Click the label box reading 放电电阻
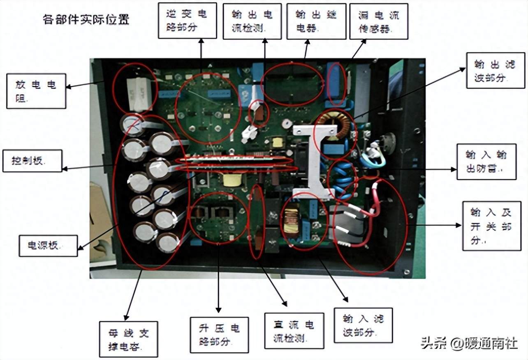36,91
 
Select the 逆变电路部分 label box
188,21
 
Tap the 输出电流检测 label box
252,21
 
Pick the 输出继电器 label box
316,21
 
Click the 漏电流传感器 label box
379,22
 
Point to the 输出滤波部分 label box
495,70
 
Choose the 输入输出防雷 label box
486,162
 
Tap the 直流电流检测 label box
294,331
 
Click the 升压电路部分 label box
219,335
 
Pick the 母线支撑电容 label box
128,339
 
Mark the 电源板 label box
48,246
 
